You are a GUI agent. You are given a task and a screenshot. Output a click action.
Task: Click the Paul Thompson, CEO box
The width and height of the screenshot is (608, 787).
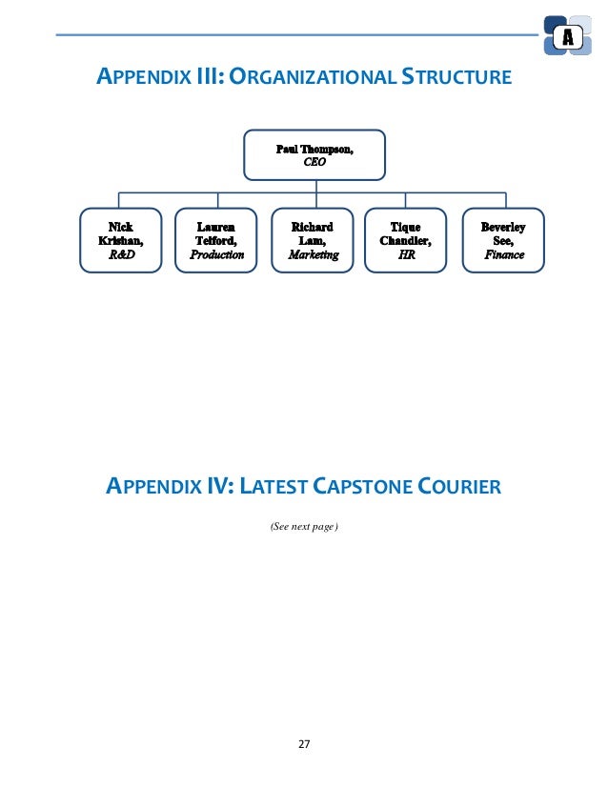[314, 156]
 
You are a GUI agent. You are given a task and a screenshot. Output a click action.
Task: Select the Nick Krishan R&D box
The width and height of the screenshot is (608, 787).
[120, 241]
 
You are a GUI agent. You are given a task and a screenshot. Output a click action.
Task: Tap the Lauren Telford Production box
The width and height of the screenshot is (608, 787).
[217, 241]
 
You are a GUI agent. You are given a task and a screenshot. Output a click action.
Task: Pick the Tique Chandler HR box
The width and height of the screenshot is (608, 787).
[406, 241]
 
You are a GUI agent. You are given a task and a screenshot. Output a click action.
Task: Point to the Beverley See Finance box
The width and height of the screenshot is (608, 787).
[502, 241]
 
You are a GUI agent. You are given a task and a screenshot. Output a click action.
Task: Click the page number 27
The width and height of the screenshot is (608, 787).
[304, 744]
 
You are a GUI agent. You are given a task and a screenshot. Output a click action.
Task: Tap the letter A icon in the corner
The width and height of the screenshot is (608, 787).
[568, 38]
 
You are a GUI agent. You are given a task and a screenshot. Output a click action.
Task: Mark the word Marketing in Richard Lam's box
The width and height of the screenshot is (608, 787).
[314, 255]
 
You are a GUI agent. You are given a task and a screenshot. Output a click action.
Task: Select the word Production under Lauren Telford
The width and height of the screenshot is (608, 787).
[217, 255]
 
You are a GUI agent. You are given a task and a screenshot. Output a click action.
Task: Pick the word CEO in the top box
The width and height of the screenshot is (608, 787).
[314, 163]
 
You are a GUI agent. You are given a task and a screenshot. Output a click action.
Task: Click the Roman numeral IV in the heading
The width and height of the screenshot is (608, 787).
[214, 489]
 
